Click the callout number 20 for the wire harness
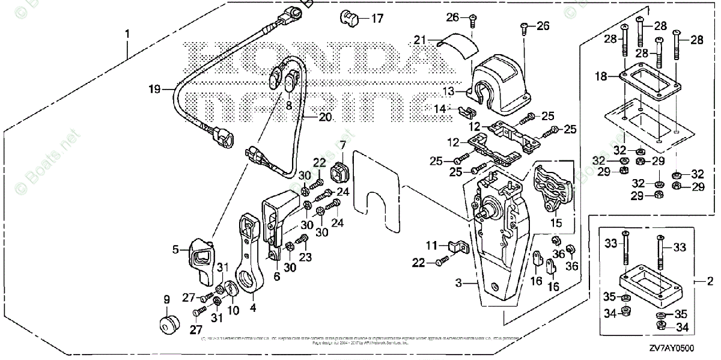pos(324,117)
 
